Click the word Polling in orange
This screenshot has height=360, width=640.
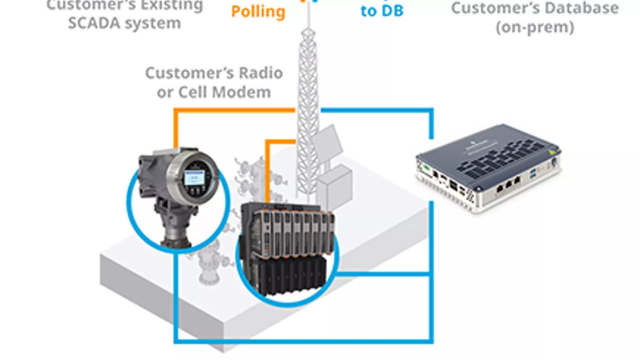(x=258, y=12)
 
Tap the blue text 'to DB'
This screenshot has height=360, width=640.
(x=382, y=11)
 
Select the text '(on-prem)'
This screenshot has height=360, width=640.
(x=535, y=27)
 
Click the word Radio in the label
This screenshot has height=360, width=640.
(x=261, y=73)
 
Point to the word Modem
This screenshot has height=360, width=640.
(x=242, y=92)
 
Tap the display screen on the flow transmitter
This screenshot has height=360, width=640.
(x=195, y=178)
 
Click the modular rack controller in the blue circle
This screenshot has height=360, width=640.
(x=287, y=250)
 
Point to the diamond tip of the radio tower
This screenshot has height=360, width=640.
(x=308, y=33)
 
